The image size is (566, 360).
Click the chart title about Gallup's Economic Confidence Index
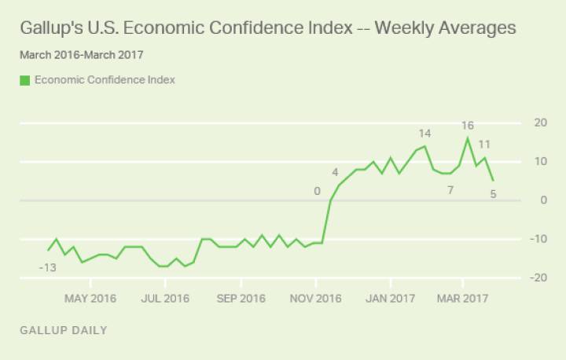(x=267, y=28)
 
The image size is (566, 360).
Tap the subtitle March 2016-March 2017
(x=82, y=55)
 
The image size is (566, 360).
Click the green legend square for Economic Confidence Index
(x=25, y=79)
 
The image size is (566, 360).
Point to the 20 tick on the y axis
(x=540, y=123)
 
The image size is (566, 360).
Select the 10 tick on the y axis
(x=540, y=161)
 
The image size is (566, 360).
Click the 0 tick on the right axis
(x=542, y=200)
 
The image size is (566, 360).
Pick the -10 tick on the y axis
(x=538, y=239)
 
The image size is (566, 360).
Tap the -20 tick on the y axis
(x=538, y=277)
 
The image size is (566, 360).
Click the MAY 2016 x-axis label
(x=90, y=299)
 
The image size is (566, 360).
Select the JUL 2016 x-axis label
(x=165, y=299)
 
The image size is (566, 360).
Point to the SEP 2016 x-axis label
(x=241, y=299)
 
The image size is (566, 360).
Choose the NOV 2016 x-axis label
(x=316, y=299)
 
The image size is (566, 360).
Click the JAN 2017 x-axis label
(x=391, y=299)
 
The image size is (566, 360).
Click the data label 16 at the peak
(x=468, y=126)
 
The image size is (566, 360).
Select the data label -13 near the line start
(x=48, y=268)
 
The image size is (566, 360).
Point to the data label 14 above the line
(x=424, y=134)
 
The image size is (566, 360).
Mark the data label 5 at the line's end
(x=493, y=194)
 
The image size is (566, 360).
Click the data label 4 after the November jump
(x=335, y=172)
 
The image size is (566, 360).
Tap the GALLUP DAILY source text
(x=64, y=330)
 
